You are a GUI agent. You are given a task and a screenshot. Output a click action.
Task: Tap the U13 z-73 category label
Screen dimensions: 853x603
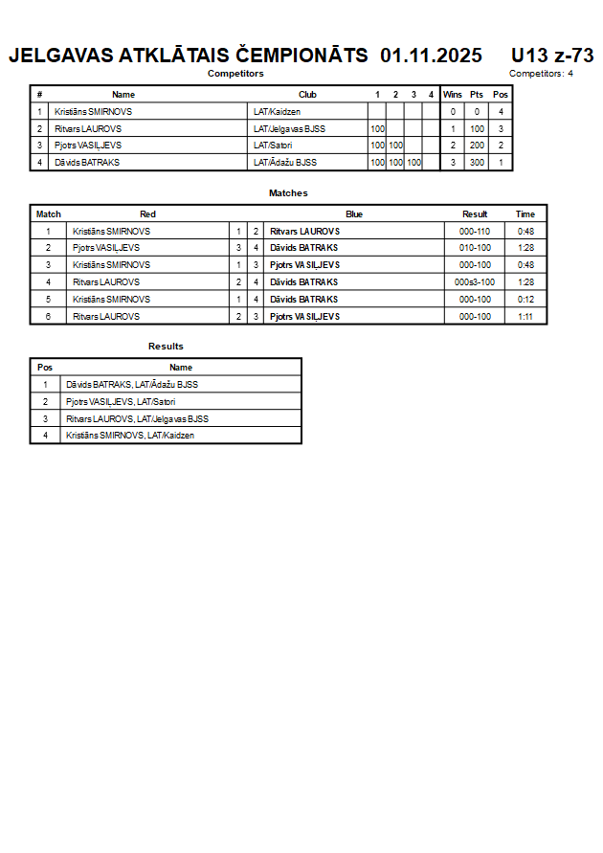coord(552,56)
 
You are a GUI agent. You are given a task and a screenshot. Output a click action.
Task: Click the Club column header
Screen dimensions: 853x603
coord(307,95)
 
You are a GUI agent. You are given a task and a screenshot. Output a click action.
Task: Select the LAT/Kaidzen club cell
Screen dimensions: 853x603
coord(278,112)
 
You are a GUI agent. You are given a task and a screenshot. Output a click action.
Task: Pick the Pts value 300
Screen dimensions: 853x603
coord(477,163)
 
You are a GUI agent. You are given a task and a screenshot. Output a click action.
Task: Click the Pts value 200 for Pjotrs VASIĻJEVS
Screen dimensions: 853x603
coord(477,146)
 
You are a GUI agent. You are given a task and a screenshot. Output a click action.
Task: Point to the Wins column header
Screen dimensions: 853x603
coord(453,95)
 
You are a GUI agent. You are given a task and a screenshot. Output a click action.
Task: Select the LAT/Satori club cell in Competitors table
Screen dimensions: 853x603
coord(273,146)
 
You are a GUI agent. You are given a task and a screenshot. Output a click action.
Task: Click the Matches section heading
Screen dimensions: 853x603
coord(288,193)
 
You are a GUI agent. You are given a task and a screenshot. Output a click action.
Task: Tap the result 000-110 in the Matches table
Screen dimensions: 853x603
coord(475,232)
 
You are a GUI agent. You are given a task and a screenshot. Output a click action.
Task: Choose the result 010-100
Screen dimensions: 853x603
coord(475,248)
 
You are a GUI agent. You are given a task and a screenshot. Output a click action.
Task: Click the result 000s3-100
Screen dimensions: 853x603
coord(475,282)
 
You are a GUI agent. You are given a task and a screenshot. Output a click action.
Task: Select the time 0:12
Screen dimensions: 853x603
coord(525,300)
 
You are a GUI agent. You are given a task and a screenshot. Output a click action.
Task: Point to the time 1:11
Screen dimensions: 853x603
coord(525,316)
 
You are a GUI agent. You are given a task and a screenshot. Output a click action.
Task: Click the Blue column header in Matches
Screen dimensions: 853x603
coord(354,214)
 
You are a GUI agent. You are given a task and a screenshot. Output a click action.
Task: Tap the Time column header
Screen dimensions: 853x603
coord(525,214)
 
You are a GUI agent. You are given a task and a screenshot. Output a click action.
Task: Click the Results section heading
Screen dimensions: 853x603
coord(166,347)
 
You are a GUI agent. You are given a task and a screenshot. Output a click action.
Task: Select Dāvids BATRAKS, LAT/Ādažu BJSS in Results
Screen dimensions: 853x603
coord(132,385)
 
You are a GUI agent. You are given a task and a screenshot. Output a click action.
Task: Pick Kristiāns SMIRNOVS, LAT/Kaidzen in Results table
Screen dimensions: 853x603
coord(130,436)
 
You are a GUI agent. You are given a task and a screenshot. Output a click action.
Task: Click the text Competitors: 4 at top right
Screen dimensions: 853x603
coord(541,74)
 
